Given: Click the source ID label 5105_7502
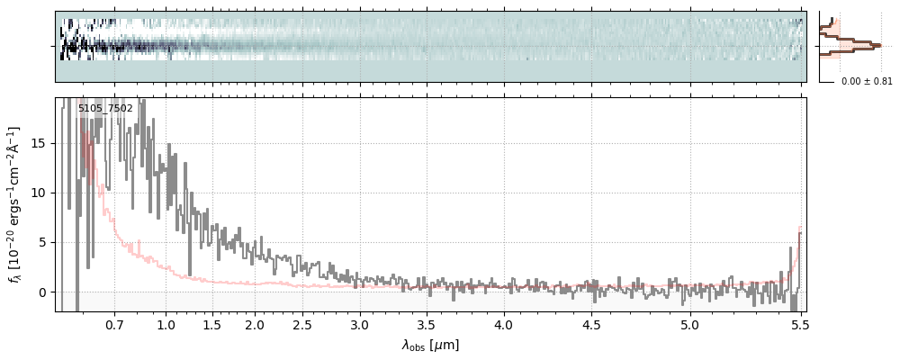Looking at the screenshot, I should coord(105,109).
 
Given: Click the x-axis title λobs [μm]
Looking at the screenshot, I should coord(430,345).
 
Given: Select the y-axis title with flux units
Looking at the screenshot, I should coord(14,204).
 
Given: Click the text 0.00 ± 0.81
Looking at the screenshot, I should coord(867,82).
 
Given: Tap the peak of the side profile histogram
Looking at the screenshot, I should coord(877,43).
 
